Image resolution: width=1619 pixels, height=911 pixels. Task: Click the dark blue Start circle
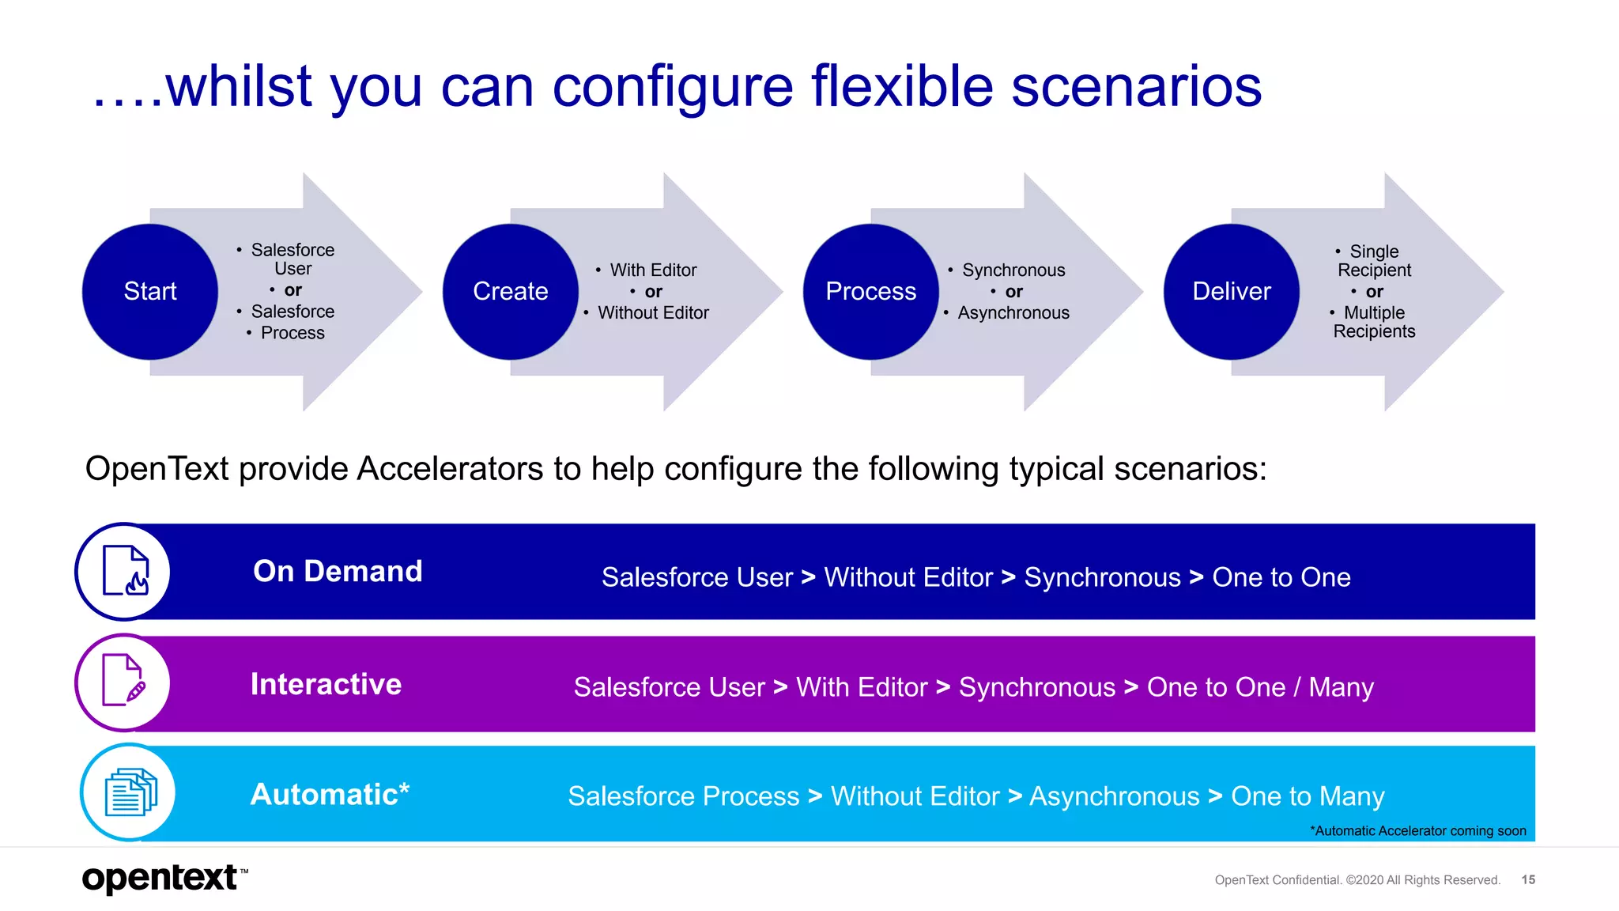(149, 291)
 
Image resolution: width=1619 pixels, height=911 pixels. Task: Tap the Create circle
(510, 291)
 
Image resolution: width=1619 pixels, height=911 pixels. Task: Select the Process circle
(870, 291)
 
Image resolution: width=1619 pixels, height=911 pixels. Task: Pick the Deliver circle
(1231, 291)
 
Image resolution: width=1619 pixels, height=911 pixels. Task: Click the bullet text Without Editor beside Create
(652, 313)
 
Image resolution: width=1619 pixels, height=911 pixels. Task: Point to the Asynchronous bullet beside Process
(1013, 313)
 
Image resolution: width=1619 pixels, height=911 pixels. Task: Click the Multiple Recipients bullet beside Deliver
(1374, 322)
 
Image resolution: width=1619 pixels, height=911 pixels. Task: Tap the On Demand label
(338, 571)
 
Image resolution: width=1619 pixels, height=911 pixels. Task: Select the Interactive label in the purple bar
(326, 684)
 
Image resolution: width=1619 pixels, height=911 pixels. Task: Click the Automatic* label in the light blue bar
(330, 794)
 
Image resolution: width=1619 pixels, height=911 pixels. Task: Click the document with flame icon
(126, 571)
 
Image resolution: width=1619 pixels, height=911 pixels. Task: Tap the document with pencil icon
(124, 681)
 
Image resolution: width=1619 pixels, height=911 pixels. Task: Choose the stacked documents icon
(130, 792)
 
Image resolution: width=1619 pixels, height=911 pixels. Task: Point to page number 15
(1528, 879)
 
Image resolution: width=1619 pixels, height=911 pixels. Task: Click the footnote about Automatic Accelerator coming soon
(1418, 830)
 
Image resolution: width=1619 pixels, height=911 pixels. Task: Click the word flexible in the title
(902, 87)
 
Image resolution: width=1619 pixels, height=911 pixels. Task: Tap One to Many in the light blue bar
(1308, 796)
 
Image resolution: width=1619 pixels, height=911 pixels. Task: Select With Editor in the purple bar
(862, 687)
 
